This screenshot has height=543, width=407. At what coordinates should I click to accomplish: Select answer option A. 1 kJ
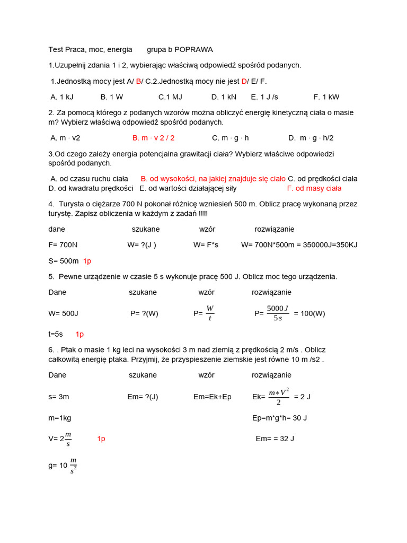point(62,97)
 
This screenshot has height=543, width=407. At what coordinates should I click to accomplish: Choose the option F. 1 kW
point(326,97)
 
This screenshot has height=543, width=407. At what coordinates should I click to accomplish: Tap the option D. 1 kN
point(224,97)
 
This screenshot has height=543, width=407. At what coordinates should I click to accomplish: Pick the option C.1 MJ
point(170,97)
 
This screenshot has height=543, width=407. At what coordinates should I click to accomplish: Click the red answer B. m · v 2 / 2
point(153,138)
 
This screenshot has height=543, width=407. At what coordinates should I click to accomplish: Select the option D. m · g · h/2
point(311,138)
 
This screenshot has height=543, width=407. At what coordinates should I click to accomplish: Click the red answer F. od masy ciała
point(314,188)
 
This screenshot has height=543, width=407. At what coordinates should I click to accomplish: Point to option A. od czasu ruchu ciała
point(90,179)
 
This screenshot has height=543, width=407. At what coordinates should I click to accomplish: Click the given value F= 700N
point(63,245)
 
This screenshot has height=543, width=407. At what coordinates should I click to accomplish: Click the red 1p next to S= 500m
point(87,261)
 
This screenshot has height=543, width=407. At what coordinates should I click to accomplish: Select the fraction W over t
point(210,313)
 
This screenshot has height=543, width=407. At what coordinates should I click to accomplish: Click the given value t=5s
point(56,334)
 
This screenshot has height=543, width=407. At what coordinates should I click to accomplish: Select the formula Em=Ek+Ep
point(212,397)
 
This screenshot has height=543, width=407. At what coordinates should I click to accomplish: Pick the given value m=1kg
point(59,418)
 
